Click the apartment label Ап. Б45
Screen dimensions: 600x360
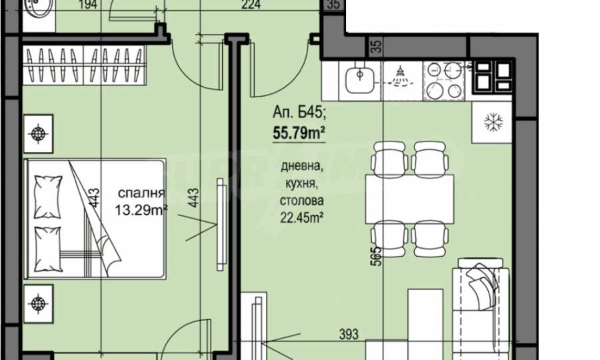click(x=299, y=112)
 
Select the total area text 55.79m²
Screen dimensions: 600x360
click(x=299, y=133)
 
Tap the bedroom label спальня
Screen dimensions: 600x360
click(x=141, y=193)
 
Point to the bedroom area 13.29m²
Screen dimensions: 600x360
click(x=141, y=209)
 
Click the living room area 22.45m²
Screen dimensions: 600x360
click(x=302, y=217)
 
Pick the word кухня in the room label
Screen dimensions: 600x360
click(x=301, y=183)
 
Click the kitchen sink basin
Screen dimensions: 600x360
click(x=359, y=81)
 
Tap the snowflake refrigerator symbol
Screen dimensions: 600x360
click(x=493, y=123)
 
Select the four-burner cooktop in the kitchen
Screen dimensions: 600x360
click(x=444, y=81)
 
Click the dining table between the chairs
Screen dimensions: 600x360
click(x=410, y=199)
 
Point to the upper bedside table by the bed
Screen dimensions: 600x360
click(x=38, y=134)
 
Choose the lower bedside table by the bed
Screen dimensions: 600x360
click(x=38, y=303)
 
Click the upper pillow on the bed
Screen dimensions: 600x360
click(x=48, y=197)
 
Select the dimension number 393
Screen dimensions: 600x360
click(x=349, y=334)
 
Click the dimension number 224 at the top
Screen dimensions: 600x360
click(x=251, y=5)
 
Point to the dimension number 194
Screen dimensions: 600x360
click(x=88, y=5)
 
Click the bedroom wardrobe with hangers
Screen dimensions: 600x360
click(x=84, y=65)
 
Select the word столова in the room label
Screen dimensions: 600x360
click(x=301, y=201)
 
